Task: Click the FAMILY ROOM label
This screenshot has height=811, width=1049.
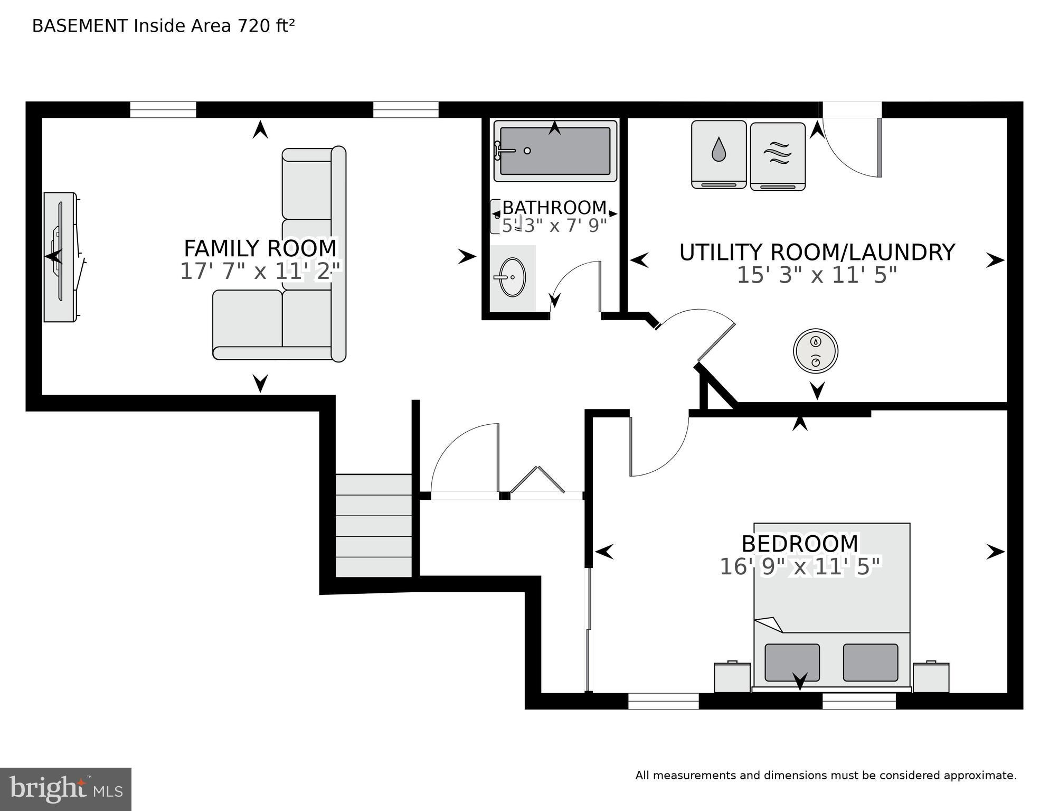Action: [x=260, y=248]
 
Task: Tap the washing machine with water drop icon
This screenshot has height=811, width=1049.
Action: [x=719, y=154]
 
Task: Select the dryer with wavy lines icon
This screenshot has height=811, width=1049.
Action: [x=778, y=156]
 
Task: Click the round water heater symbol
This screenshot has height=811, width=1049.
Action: [x=816, y=351]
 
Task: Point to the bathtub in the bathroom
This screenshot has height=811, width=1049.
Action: [x=555, y=151]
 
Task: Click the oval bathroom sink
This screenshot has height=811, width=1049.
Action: [x=512, y=277]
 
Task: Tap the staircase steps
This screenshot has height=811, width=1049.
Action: [x=374, y=525]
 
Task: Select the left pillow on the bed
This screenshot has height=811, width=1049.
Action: [x=792, y=662]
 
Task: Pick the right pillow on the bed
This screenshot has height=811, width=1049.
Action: [x=870, y=662]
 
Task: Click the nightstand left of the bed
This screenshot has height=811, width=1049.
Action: [x=732, y=677]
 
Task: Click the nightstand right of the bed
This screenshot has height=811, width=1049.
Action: [x=931, y=677]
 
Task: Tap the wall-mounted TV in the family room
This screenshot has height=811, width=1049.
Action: [x=59, y=257]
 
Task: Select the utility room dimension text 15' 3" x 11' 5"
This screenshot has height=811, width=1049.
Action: [x=816, y=275]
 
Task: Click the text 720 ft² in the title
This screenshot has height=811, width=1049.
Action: [x=266, y=26]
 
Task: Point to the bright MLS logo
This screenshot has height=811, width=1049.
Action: [x=65, y=789]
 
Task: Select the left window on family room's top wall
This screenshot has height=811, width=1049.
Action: [x=163, y=109]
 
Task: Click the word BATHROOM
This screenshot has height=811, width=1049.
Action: [x=554, y=207]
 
